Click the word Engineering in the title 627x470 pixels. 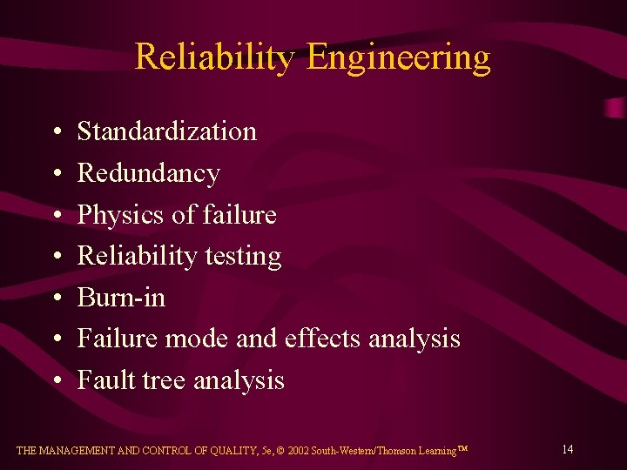coord(399,58)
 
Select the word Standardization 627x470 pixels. coord(167,131)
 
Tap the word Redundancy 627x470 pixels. coord(149,174)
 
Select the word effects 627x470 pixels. coord(322,339)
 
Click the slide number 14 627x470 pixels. coord(567,449)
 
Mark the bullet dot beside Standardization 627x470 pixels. coord(56,132)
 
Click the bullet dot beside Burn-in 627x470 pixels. coord(56,299)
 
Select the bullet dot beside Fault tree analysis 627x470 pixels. coord(56,381)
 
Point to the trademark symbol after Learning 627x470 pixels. coord(462,448)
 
